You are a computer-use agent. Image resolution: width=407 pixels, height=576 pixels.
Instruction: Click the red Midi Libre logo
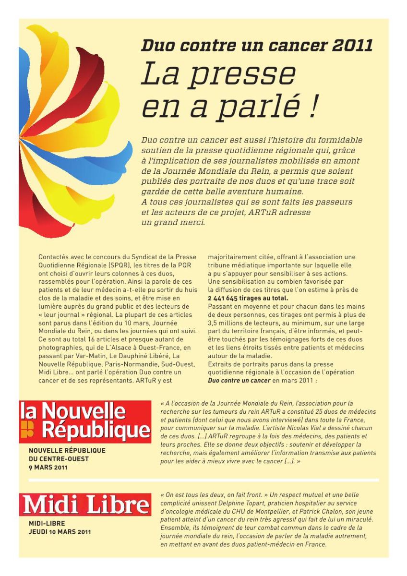85,505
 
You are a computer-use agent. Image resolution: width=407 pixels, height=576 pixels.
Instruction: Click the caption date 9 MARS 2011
48,467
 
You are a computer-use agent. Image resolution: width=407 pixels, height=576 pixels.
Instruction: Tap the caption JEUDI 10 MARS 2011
60,531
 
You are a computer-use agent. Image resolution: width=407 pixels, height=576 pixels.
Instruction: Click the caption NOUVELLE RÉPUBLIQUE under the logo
67,451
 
